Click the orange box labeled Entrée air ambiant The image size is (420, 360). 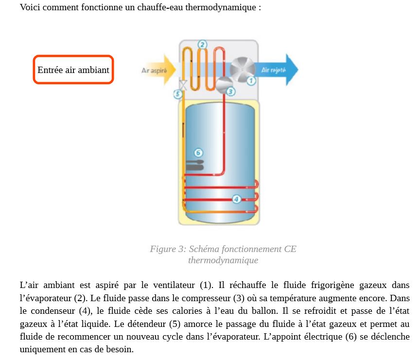click(x=73, y=70)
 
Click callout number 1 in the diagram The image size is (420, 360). click(x=251, y=81)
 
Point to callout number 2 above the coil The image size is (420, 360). click(x=202, y=45)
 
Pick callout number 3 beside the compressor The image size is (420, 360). click(x=230, y=91)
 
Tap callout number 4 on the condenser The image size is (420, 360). click(x=236, y=198)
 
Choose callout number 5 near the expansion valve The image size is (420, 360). click(x=178, y=94)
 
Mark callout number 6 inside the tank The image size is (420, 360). click(x=198, y=153)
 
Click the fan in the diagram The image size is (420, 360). click(x=239, y=69)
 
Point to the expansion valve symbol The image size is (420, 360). click(x=183, y=84)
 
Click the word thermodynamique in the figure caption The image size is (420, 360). click(x=223, y=260)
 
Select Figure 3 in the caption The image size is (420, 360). click(x=168, y=249)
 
